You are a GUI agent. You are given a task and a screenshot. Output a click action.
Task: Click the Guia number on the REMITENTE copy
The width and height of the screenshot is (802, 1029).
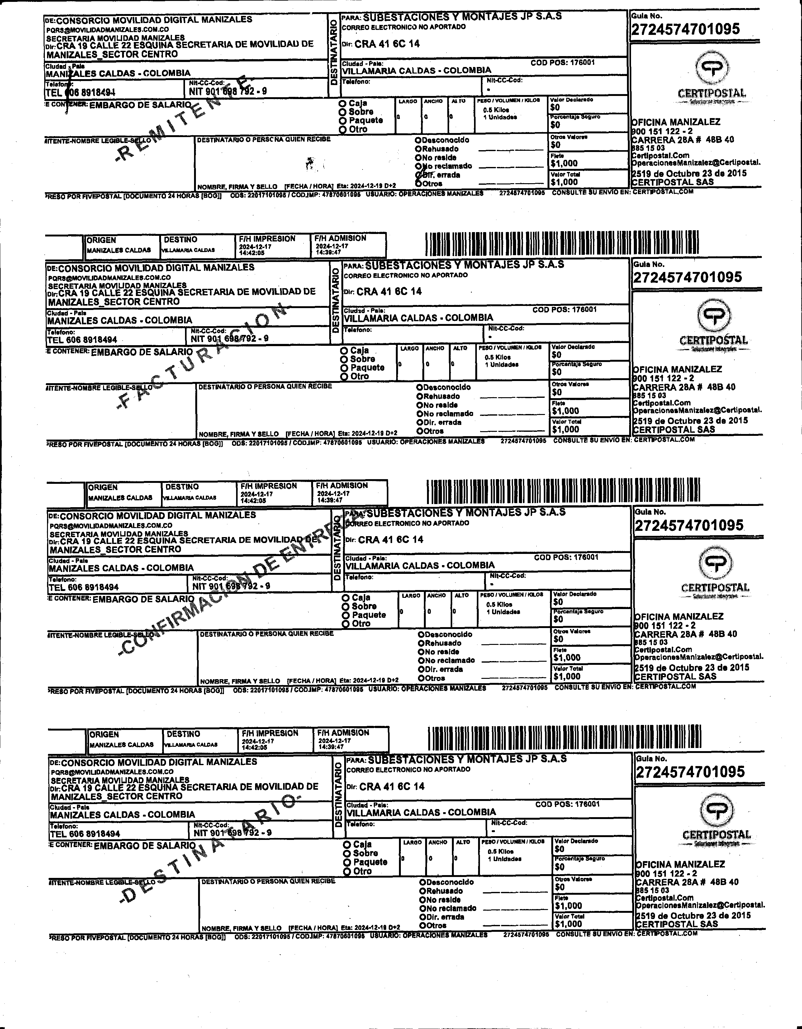(x=685, y=29)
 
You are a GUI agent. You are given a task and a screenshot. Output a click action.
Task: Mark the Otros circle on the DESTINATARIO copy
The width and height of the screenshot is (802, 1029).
(x=422, y=925)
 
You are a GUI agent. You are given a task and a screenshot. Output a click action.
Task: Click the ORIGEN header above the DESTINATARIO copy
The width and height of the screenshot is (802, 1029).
(x=105, y=734)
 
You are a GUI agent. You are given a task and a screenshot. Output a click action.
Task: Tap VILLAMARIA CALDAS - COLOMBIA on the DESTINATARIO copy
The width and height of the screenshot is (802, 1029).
(x=421, y=812)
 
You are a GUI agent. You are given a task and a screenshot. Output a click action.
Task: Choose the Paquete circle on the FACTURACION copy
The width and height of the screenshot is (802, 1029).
(x=344, y=368)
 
